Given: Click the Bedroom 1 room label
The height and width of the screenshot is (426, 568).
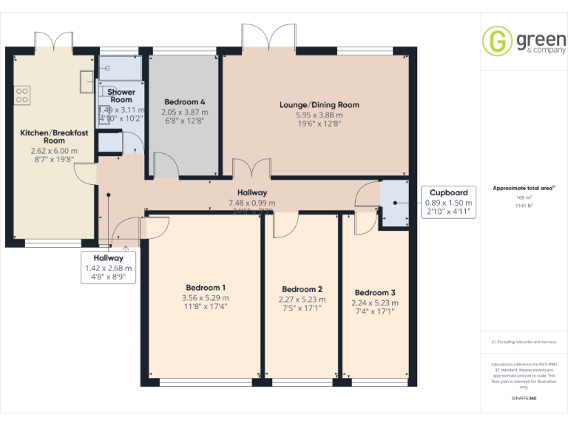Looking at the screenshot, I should tap(203, 288).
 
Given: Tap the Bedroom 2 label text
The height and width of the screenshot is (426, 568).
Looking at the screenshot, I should tap(302, 289).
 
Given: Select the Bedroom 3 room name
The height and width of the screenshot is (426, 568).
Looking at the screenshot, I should tap(375, 292).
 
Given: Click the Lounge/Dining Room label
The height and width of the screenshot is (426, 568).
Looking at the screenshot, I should tap(319, 105).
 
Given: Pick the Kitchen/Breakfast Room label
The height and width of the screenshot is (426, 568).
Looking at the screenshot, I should tap(49, 136).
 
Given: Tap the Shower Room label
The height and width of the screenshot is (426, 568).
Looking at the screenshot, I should tap(121, 95).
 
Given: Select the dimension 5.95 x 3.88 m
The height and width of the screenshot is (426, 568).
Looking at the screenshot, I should tap(319, 115).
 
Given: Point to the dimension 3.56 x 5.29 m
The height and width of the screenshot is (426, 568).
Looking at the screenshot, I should tap(203, 298).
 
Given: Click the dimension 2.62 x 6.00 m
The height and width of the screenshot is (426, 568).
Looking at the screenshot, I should tap(49, 151).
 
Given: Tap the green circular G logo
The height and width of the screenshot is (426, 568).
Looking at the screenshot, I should tap(497, 41).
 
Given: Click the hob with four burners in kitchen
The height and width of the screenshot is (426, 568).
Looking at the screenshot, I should tap(21, 95).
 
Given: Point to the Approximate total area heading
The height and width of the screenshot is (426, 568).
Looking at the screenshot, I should tap(523, 189).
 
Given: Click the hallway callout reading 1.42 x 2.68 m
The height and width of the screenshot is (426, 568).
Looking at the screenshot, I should tap(108, 268).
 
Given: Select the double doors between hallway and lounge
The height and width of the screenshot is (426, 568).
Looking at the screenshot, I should tap(251, 169).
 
